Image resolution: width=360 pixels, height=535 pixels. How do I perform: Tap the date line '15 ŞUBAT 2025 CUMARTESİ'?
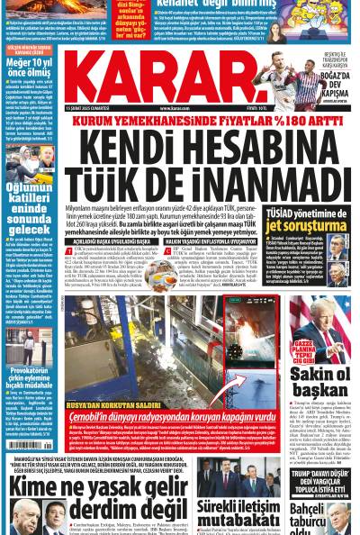pyautogui.click(x=86, y=108)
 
